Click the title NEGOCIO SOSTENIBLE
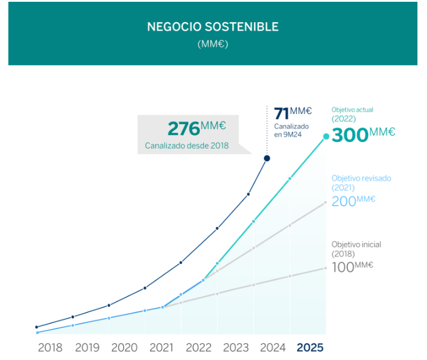(213, 27)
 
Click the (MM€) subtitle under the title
(213, 44)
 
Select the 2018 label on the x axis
(50, 347)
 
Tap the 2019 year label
(87, 347)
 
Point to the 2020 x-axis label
(124, 347)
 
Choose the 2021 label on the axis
(161, 347)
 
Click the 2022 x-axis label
(198, 347)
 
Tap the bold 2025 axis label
(311, 347)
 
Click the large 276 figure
(183, 128)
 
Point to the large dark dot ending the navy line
(267, 158)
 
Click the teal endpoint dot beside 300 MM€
(326, 136)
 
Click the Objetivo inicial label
(356, 244)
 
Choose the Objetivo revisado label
(361, 178)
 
